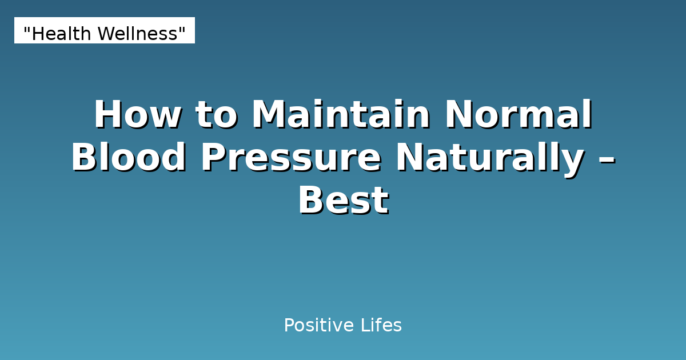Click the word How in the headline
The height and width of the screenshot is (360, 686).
click(x=137, y=115)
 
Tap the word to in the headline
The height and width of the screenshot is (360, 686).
click(x=216, y=115)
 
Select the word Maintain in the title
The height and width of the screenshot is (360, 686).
click(x=341, y=115)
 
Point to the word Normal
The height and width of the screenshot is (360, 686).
click(x=519, y=115)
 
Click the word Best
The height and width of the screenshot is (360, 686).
click(x=343, y=201)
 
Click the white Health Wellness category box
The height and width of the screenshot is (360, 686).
click(x=105, y=30)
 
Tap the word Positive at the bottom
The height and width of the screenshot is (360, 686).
click(x=319, y=326)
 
